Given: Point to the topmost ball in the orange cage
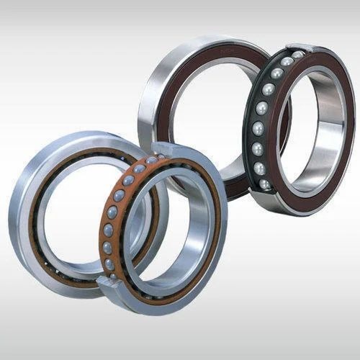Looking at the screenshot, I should [152, 159].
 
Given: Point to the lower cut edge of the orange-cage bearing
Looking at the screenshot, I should [108, 282].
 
